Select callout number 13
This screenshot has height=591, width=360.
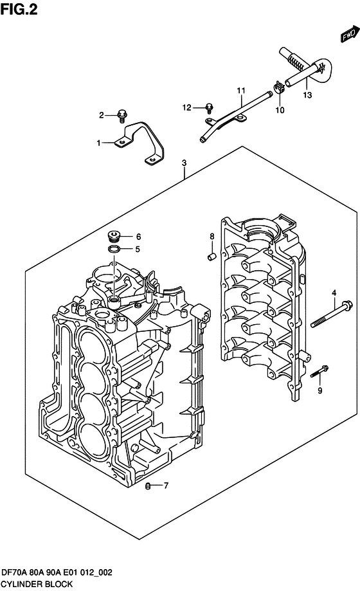tap(307, 95)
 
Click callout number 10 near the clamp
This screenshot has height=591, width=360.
tap(279, 110)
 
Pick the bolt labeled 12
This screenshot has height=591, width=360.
tap(209, 107)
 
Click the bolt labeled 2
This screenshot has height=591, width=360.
tap(122, 116)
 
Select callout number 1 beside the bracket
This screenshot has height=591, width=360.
tap(98, 143)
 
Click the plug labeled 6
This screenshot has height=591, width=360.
tap(115, 236)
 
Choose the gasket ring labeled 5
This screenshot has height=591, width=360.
tap(113, 250)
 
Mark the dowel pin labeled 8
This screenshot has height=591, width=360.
tap(210, 257)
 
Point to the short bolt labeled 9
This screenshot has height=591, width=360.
tap(319, 372)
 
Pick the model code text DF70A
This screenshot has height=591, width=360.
tap(17, 572)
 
